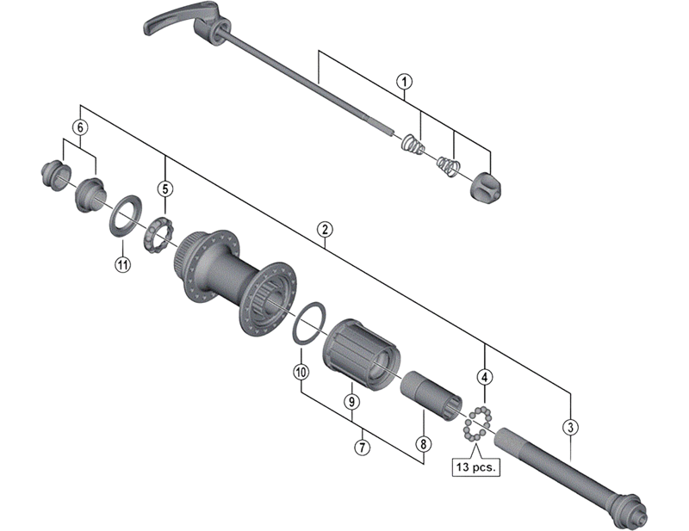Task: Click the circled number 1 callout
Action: [404, 82]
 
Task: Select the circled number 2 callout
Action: [324, 230]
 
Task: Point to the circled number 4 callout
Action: [486, 377]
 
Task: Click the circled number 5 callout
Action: [164, 188]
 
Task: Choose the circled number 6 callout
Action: [80, 127]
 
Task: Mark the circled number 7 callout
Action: [362, 447]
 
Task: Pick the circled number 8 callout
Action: [423, 445]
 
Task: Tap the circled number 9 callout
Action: [351, 401]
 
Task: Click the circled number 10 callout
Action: [300, 373]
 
